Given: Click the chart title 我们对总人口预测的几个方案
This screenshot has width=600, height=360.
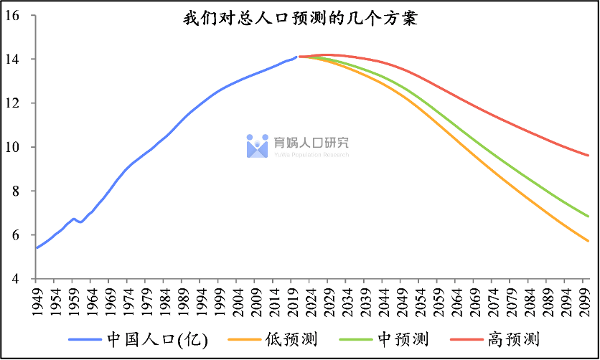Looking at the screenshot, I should [x=300, y=19].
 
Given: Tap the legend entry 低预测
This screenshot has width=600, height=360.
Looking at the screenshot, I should [x=291, y=338].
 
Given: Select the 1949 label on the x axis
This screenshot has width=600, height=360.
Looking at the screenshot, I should [x=38, y=301].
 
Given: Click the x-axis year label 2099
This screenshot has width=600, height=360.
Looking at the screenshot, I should [x=586, y=301].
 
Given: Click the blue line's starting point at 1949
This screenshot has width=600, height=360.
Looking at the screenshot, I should [x=37, y=247].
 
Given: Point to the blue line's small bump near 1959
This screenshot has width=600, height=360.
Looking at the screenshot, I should [x=73, y=219].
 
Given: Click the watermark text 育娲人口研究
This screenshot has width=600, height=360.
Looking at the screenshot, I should [x=311, y=143].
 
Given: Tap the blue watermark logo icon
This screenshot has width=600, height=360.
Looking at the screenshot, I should [x=257, y=146].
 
